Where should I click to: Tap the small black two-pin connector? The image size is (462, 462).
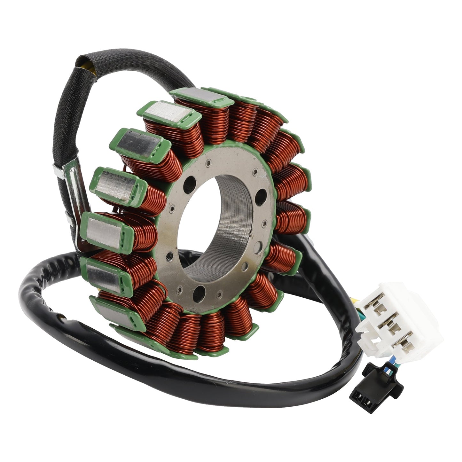[379, 389]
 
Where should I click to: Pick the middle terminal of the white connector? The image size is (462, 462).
[387, 326]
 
